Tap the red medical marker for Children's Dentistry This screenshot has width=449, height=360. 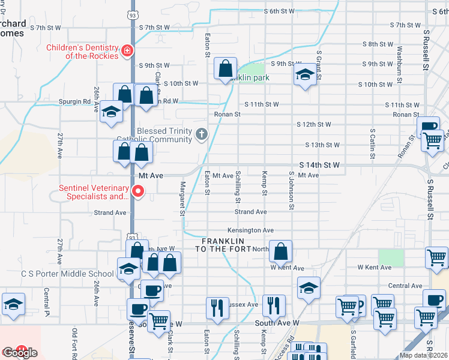click(x=127, y=52)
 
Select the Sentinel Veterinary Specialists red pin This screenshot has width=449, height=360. click(x=138, y=192)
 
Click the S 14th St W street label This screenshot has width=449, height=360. click(x=320, y=164)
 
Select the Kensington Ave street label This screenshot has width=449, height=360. click(x=250, y=230)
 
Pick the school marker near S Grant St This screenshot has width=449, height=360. click(x=305, y=75)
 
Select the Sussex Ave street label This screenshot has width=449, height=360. click(x=243, y=305)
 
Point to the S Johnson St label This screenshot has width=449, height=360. click(x=292, y=190)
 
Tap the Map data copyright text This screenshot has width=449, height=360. click(x=423, y=355)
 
